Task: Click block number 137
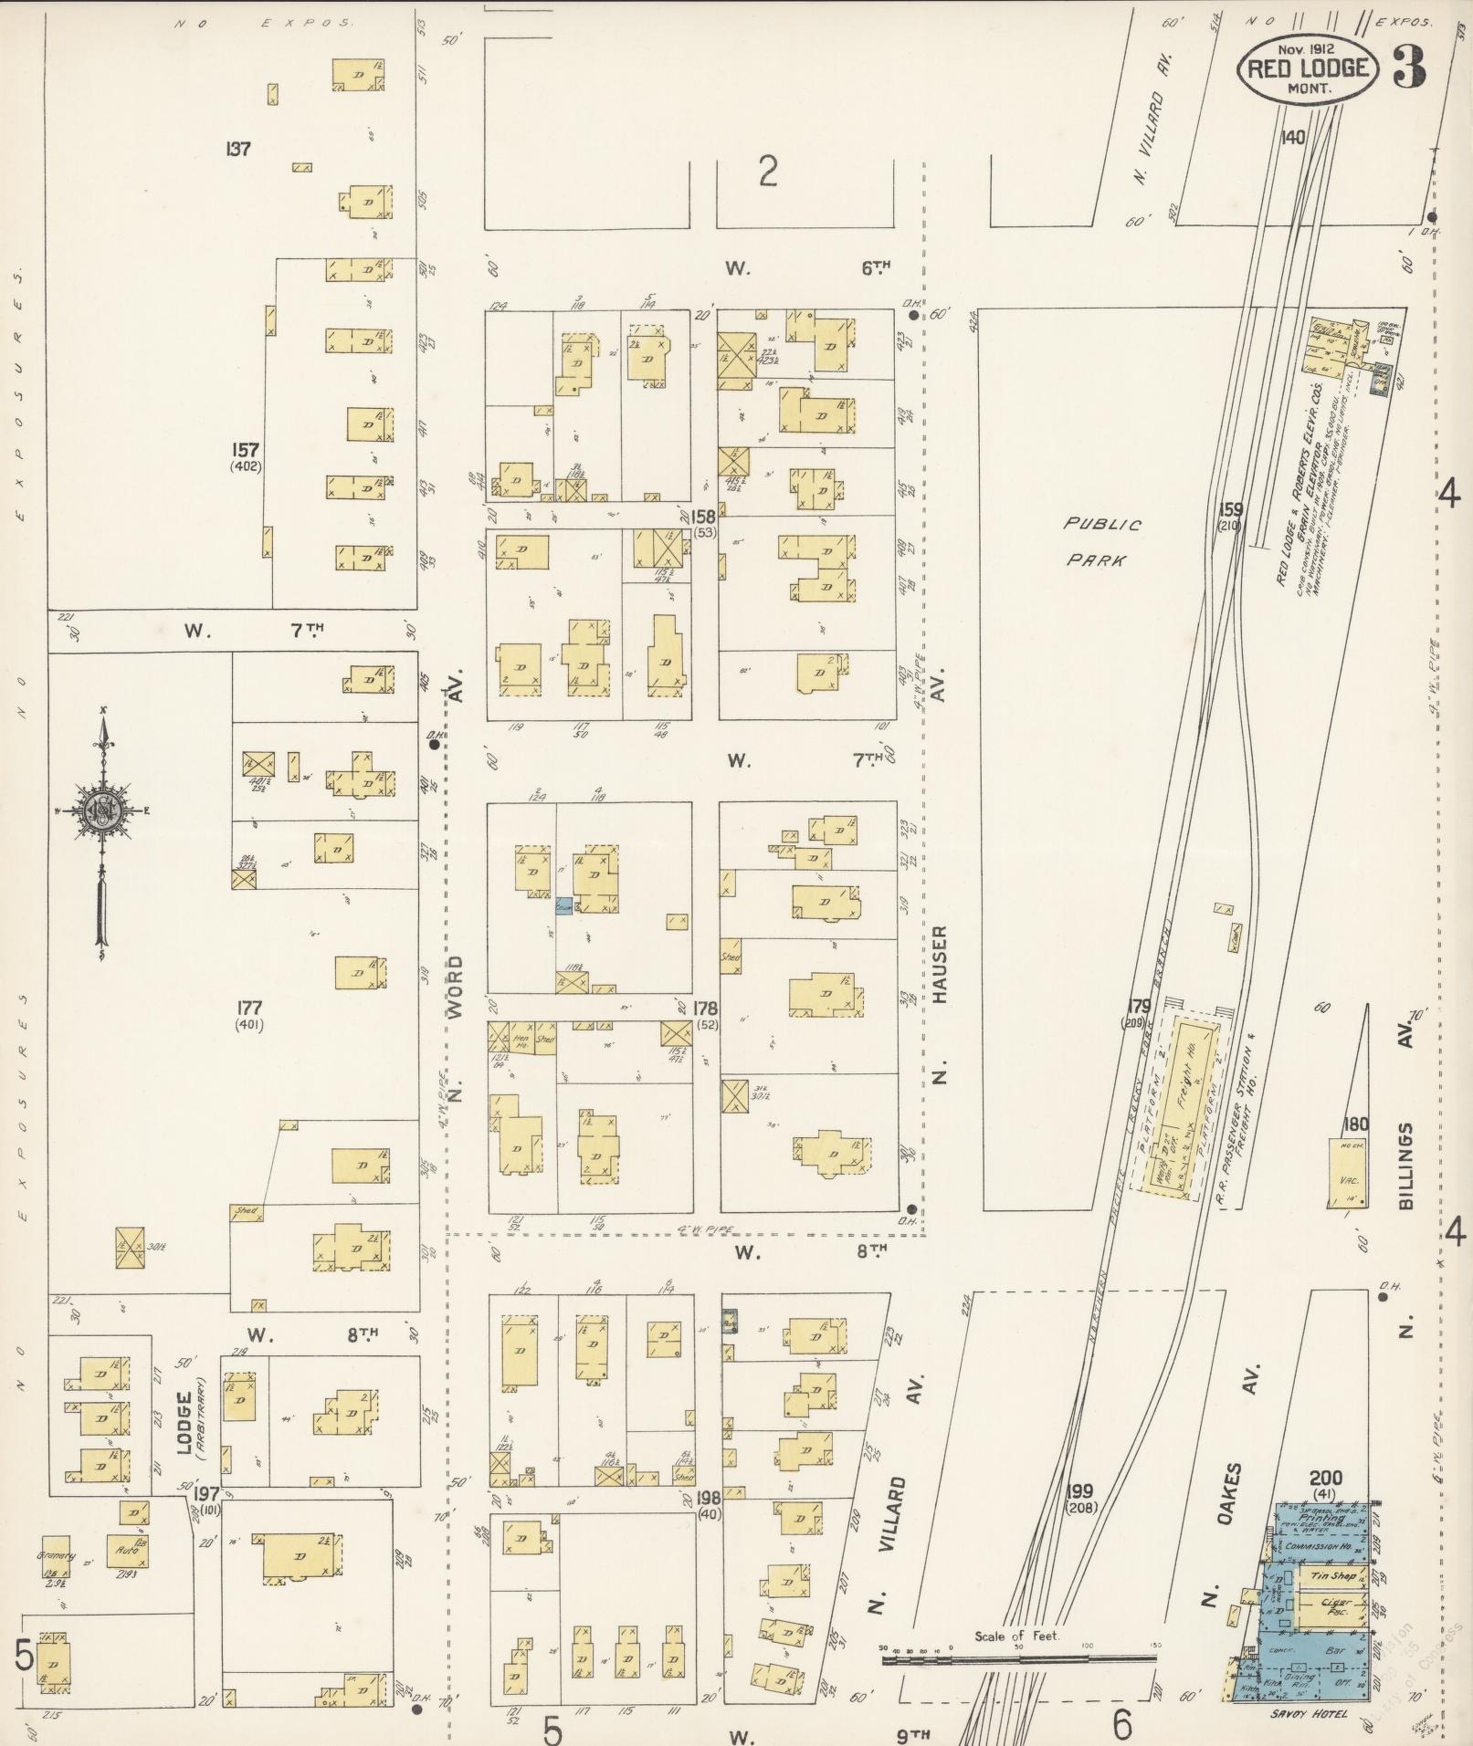238,148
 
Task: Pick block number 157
246,450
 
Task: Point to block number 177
248,1008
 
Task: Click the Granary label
55,1556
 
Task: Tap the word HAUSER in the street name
942,967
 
